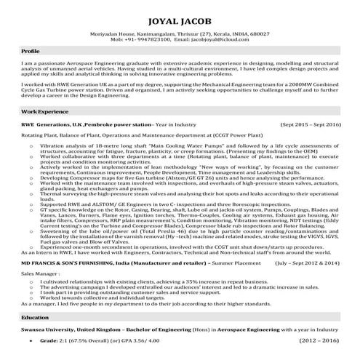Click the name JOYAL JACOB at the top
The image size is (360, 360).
tap(180, 16)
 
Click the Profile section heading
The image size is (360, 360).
tap(31, 53)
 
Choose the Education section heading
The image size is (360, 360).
tap(35, 298)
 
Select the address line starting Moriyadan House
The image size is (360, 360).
tap(180, 33)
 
